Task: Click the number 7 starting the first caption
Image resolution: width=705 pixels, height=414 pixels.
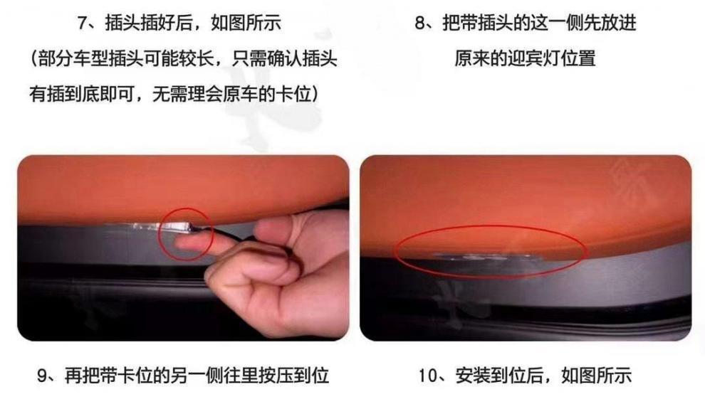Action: (x=83, y=23)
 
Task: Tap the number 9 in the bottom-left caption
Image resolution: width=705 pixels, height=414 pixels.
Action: (x=42, y=376)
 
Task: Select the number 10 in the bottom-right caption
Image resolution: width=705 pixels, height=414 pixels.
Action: (x=428, y=376)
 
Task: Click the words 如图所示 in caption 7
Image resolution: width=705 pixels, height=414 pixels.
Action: (x=246, y=23)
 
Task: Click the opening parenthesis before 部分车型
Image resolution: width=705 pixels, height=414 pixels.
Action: (x=34, y=59)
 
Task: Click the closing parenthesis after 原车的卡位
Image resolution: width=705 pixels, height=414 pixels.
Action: (x=315, y=95)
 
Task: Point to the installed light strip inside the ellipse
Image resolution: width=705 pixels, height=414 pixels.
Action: (x=490, y=258)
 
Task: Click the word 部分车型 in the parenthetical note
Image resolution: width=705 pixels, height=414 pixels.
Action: (x=74, y=59)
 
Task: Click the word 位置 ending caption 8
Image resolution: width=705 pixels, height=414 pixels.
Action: (x=578, y=59)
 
